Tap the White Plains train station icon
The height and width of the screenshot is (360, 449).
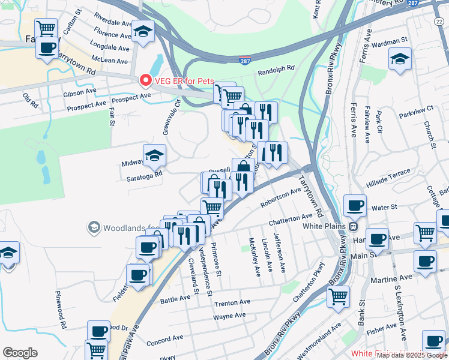tap(354, 226)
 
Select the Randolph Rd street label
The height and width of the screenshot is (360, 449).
tap(276, 70)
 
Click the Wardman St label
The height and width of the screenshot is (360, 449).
tap(389, 42)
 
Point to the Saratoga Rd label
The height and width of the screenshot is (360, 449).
tap(145, 175)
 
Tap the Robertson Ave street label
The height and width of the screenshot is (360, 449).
tap(280, 198)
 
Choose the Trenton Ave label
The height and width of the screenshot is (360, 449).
tap(232, 302)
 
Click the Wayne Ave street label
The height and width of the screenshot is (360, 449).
tap(229, 315)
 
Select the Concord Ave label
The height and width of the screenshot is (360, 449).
tap(160, 343)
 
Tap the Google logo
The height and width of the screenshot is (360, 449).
tap(20, 353)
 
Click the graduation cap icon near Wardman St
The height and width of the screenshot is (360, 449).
tap(400, 59)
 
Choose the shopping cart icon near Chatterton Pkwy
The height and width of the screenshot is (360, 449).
tap(339, 295)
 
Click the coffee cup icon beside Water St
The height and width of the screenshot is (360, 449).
tap(355, 205)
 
